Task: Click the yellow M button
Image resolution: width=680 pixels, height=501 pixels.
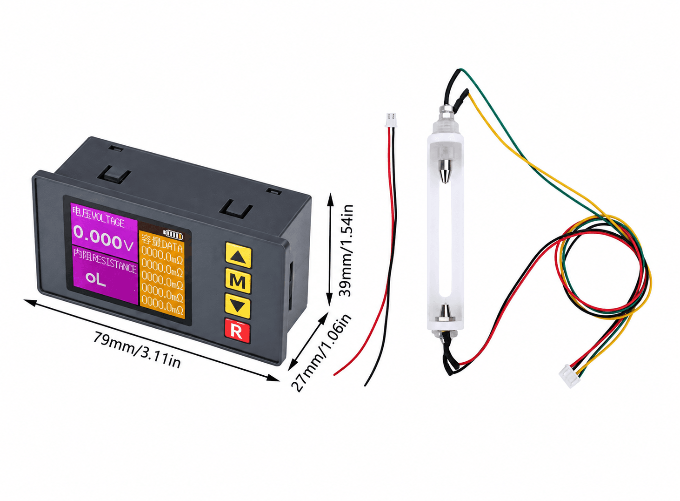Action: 238,281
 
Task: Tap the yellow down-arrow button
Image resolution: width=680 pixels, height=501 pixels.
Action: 238,306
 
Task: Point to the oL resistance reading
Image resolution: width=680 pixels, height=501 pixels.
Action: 96,279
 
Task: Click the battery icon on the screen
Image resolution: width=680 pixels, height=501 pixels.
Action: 173,234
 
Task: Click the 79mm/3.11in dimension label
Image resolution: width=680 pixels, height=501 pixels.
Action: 137,349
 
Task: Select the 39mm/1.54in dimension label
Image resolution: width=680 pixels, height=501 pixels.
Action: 346,250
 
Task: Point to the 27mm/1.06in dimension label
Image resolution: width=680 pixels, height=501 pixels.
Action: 321,353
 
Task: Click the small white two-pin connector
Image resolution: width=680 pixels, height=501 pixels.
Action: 391,120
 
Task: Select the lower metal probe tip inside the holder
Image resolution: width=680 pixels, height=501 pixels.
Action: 445,312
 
